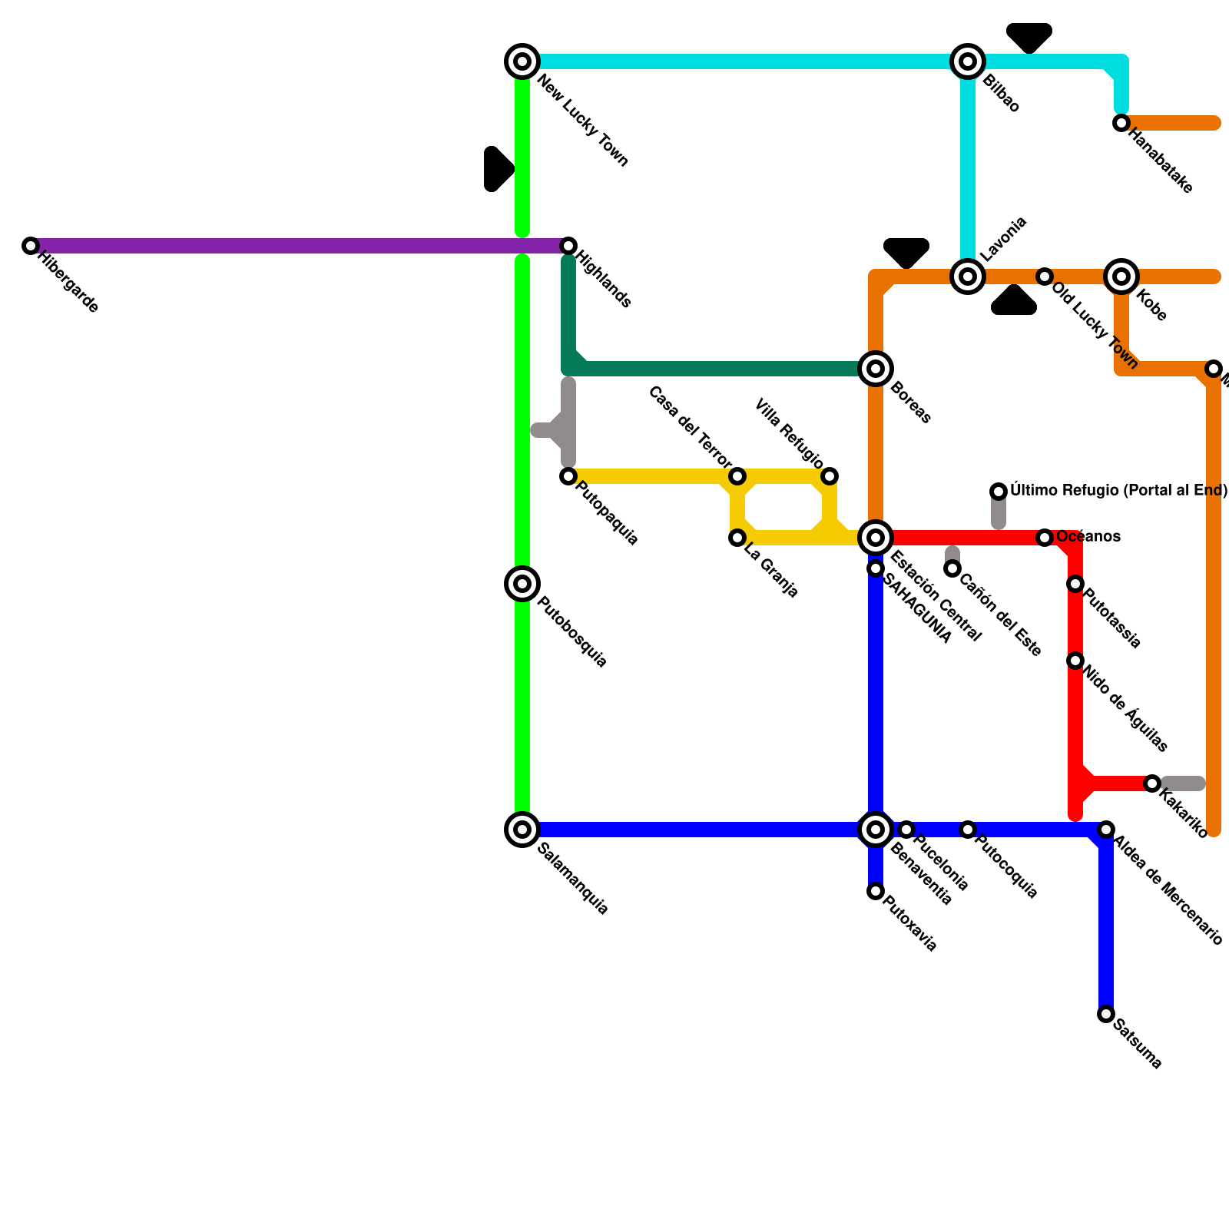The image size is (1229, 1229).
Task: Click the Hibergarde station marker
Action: tap(31, 246)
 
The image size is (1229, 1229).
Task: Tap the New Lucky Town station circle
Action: tap(522, 61)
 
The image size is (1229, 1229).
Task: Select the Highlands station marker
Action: tap(568, 246)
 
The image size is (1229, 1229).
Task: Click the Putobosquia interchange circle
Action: tap(522, 584)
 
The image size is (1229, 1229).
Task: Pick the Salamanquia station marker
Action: tap(522, 830)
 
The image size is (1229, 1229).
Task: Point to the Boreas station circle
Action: tap(876, 369)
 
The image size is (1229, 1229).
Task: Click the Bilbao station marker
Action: tap(968, 61)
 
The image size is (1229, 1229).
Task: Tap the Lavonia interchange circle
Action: tap(968, 277)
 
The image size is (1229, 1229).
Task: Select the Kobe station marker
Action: tap(1121, 277)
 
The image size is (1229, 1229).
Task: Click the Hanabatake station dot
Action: tap(1121, 123)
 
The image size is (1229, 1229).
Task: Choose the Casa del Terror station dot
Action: tap(737, 476)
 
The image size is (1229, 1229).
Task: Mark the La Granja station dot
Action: tap(737, 538)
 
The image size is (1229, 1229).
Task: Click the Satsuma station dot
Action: tap(1106, 1014)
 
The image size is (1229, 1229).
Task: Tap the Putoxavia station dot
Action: tap(876, 891)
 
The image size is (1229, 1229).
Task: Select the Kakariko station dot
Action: tap(1152, 783)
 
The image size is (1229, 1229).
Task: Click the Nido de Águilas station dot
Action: tap(1075, 661)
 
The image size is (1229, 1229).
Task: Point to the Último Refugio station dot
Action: tap(999, 492)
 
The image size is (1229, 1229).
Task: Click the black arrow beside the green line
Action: tap(498, 169)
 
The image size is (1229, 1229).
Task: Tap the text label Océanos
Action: tap(1088, 537)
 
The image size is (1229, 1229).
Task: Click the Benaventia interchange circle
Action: tap(876, 830)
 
